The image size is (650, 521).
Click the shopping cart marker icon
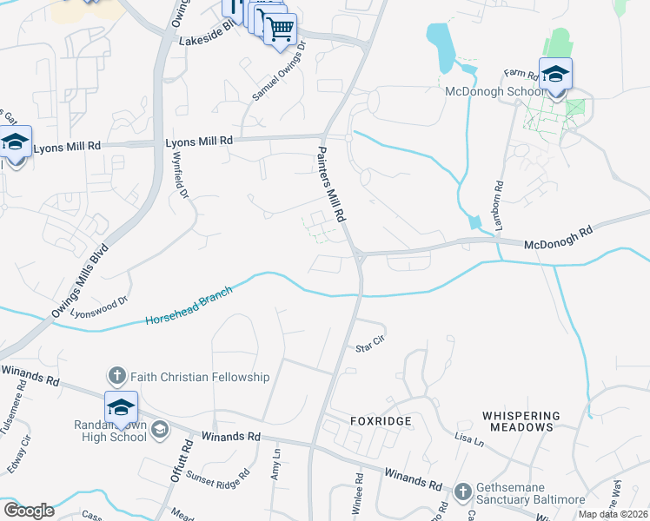click(279, 28)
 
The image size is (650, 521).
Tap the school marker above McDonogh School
click(555, 73)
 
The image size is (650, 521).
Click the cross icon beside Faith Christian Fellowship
click(117, 377)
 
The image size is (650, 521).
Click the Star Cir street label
click(369, 348)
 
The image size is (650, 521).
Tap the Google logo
click(29, 510)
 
